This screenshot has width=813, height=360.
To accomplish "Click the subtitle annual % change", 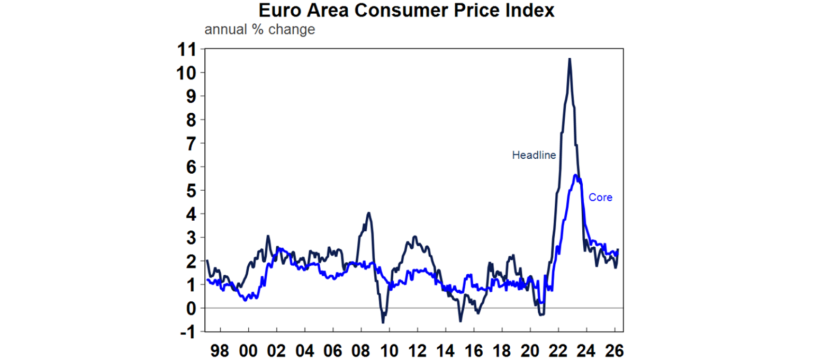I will (x=259, y=29).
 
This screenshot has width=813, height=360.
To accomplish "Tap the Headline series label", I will (x=534, y=155).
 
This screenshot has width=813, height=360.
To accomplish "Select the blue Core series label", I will (x=600, y=197).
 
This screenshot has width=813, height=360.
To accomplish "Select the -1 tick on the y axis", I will (x=186, y=331).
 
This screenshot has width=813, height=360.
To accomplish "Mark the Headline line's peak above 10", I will (x=569, y=59).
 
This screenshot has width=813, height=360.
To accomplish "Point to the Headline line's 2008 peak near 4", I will (x=368, y=213).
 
